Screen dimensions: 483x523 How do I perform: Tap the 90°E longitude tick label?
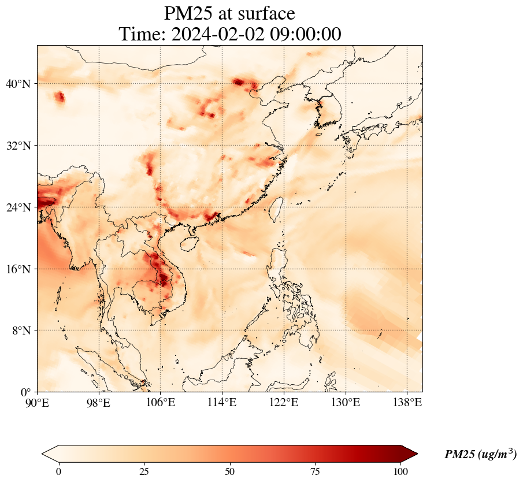pyautogui.click(x=38, y=402)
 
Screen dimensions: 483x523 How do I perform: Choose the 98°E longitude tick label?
pyautogui.click(x=99, y=402)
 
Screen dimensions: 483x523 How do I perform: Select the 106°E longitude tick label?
pyautogui.click(x=161, y=402)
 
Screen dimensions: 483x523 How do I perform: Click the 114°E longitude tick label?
pyautogui.click(x=222, y=402)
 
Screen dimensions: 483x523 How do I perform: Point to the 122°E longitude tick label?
pyautogui.click(x=284, y=402)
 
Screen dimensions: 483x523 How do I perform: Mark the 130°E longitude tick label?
pyautogui.click(x=346, y=402)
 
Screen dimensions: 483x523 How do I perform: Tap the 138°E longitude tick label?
pyautogui.click(x=407, y=402)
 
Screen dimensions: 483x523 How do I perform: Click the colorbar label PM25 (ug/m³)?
pyautogui.click(x=480, y=455)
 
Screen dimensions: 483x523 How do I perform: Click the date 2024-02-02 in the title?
pyautogui.click(x=217, y=34)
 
